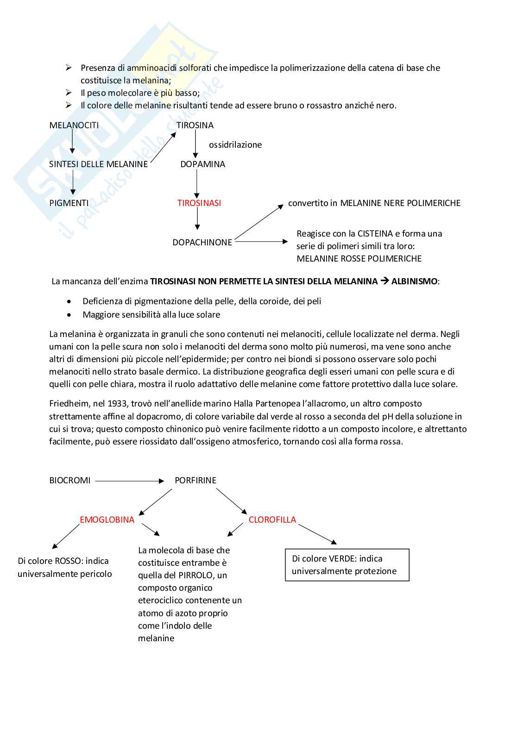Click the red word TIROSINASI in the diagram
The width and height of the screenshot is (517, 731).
tap(199, 203)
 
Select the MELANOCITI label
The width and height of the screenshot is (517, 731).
tap(74, 125)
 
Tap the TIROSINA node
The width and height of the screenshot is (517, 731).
tap(195, 125)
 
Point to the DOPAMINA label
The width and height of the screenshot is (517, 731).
tap(202, 164)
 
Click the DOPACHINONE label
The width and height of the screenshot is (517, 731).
tap(202, 242)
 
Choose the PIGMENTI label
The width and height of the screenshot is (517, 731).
tap(69, 203)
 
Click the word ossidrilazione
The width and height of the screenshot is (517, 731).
tap(235, 144)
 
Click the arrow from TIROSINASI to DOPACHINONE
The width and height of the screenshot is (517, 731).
tap(197, 219)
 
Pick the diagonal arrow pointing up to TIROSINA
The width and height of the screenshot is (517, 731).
tap(163, 148)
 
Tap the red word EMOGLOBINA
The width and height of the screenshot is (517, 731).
tap(107, 519)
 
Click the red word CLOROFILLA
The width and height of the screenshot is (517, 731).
tap(272, 519)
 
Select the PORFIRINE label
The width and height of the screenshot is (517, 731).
tap(195, 480)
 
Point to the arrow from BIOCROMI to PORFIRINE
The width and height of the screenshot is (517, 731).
tap(130, 481)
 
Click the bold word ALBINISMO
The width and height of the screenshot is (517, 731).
tap(414, 281)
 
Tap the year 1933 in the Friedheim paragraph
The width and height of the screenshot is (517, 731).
tap(117, 403)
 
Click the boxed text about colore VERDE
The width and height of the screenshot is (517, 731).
tap(347, 564)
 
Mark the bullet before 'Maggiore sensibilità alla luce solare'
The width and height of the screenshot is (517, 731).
tap(69, 315)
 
